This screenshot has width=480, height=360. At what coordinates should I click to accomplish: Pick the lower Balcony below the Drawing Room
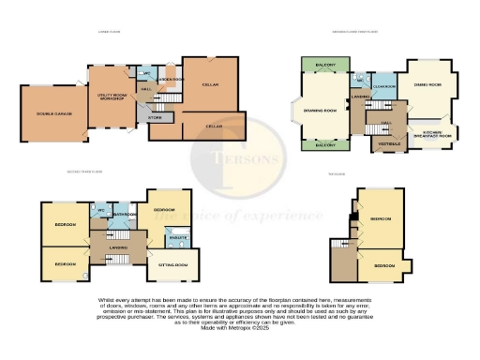[x=325, y=145]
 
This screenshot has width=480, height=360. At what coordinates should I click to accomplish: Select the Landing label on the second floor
[x=118, y=247]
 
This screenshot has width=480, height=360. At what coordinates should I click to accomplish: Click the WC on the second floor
[x=100, y=210]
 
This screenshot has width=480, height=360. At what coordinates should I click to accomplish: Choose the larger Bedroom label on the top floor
[x=380, y=218]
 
